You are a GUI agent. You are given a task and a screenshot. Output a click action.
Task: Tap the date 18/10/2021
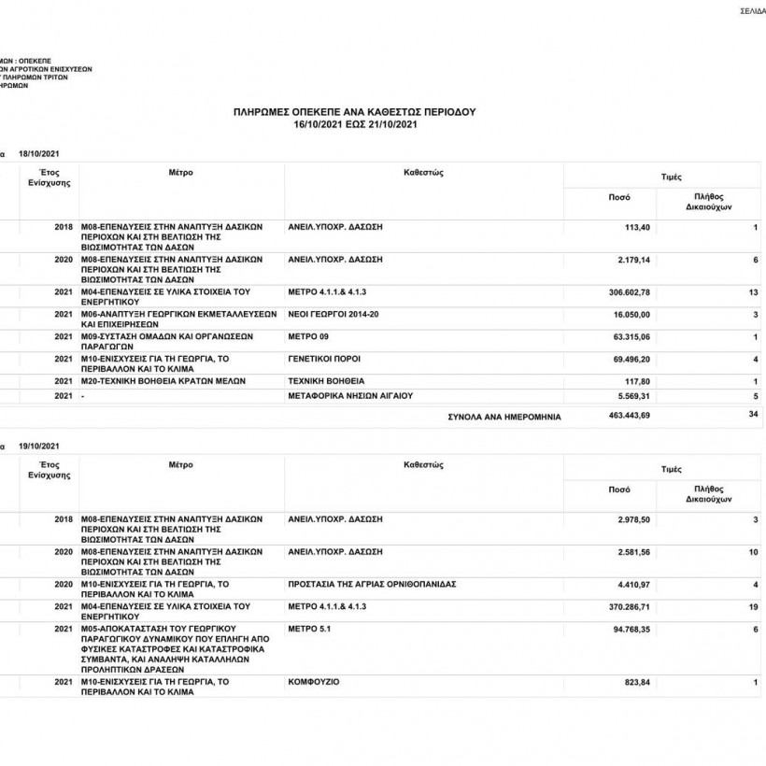pos(38,153)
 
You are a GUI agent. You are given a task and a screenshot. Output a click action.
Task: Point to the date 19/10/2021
pos(38,447)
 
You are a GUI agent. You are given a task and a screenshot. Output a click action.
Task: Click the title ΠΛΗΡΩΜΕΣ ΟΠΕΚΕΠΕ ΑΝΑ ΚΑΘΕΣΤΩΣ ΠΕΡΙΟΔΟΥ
pos(354,111)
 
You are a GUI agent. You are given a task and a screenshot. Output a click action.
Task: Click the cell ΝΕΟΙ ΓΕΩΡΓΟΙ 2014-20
pos(334,314)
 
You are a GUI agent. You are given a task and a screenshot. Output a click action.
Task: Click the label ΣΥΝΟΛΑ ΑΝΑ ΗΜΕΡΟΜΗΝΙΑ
pos(504,417)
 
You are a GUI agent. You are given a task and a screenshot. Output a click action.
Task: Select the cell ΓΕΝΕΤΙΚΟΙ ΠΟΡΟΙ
pos(325,359)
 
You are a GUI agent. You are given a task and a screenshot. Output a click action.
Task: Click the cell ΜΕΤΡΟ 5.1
pos(310,629)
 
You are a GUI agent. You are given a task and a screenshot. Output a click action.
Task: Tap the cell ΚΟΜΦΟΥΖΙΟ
pos(314,683)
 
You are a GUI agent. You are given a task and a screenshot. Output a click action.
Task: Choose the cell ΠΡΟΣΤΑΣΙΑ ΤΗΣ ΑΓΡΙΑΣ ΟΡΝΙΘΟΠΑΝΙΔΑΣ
pos(373,584)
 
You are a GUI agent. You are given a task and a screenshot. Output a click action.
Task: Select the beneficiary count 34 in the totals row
pos(752,414)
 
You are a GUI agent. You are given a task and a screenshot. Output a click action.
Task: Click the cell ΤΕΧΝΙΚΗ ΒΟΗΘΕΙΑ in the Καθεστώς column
pos(327,381)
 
